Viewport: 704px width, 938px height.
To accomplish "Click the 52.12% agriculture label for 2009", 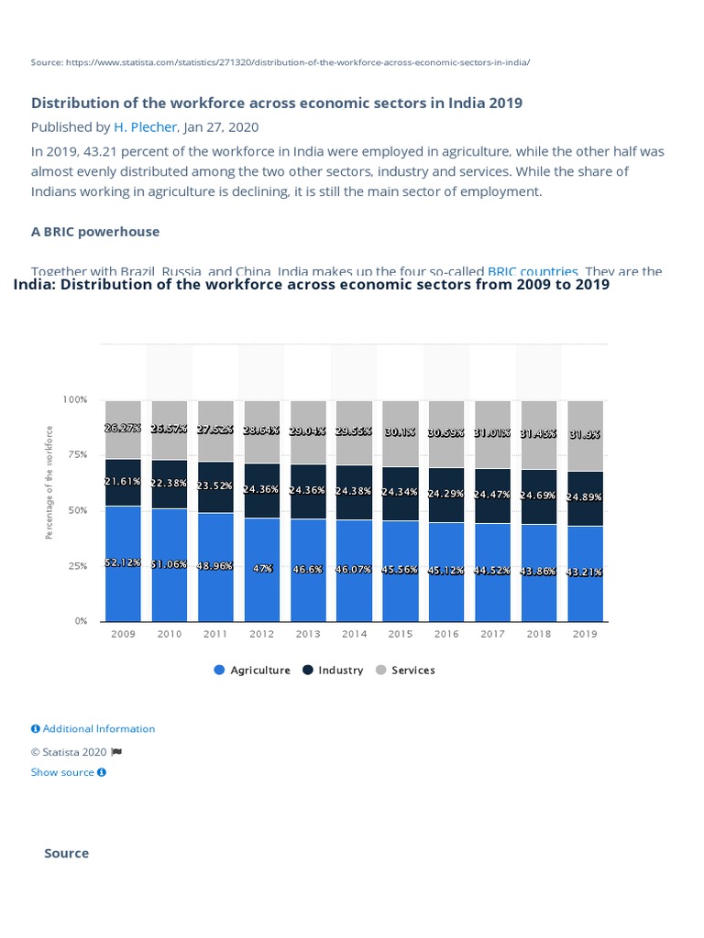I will tap(123, 563).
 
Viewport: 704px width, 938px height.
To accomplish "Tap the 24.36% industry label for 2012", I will tap(262, 489).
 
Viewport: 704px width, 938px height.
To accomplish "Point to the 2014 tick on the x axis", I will tap(354, 634).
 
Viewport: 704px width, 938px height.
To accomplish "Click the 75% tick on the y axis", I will tap(76, 455).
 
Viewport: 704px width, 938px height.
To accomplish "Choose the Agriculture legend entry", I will tap(252, 671).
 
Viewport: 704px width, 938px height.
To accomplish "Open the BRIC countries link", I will tap(533, 271).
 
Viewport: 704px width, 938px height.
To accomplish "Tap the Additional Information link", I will tap(93, 729).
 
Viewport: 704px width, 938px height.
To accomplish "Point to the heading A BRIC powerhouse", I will tap(95, 232).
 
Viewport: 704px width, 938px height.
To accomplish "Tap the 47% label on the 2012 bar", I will tap(262, 569).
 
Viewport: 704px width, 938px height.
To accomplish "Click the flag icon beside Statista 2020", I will tap(116, 752).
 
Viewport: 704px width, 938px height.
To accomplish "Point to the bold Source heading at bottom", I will tap(67, 854).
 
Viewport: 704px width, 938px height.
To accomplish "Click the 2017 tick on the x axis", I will tap(492, 634).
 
